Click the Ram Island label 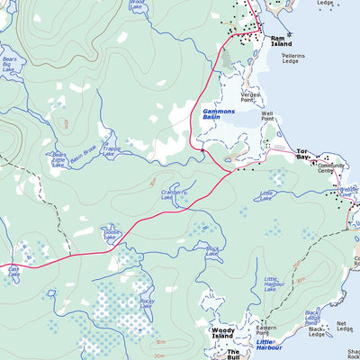(283, 40)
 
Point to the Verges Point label (250, 97)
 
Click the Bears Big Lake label (12, 65)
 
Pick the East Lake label (13, 270)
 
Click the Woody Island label (222, 333)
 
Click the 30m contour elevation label (159, 342)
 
